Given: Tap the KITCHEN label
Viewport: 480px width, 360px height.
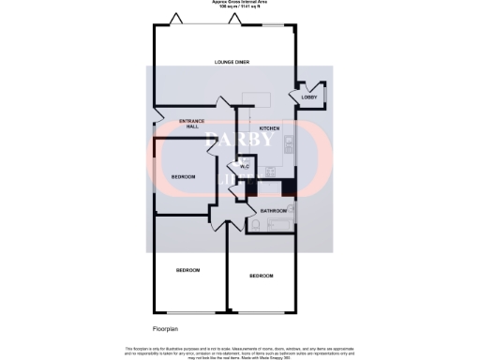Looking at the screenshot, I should pos(270,127).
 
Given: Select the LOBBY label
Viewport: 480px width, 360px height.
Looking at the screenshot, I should pos(307,97).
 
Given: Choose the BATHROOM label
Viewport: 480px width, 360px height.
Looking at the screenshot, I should pos(273,211).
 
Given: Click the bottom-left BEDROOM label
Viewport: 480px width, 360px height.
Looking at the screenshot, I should pos(188,270).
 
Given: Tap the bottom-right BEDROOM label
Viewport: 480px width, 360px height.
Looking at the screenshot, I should pos(261,276).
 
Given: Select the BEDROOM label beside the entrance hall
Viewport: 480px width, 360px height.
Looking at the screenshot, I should pos(184,176).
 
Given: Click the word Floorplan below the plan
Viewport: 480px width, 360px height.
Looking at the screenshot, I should pos(166,330).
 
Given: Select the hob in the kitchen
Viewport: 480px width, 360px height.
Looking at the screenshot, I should pos(290,143).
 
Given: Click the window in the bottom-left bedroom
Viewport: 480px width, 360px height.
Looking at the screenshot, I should pos(188,312).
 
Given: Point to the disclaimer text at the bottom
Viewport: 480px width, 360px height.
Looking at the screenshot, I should pos(240,351).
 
